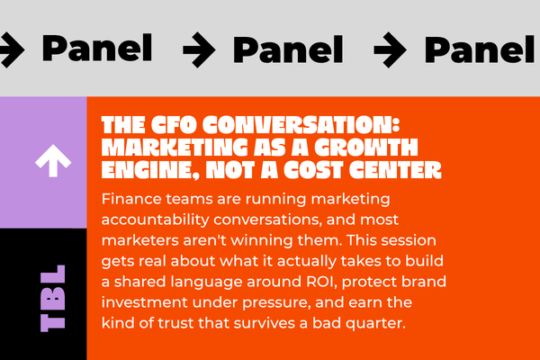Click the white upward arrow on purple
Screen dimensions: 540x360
pyautogui.click(x=53, y=160)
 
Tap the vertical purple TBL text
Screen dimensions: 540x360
pyautogui.click(x=53, y=298)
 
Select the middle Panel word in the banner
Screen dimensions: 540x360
pyautogui.click(x=288, y=49)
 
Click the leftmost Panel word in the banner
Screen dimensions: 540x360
pyautogui.click(x=97, y=48)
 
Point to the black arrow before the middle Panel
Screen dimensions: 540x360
pyautogui.click(x=199, y=49)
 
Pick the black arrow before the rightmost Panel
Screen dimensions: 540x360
pyautogui.click(x=390, y=49)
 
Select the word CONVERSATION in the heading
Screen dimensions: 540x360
pyautogui.click(x=301, y=125)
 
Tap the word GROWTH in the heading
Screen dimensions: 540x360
pyautogui.click(x=366, y=148)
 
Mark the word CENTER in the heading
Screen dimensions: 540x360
pyautogui.click(x=395, y=170)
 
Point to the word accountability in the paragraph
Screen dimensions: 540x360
pyautogui.click(x=156, y=220)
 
